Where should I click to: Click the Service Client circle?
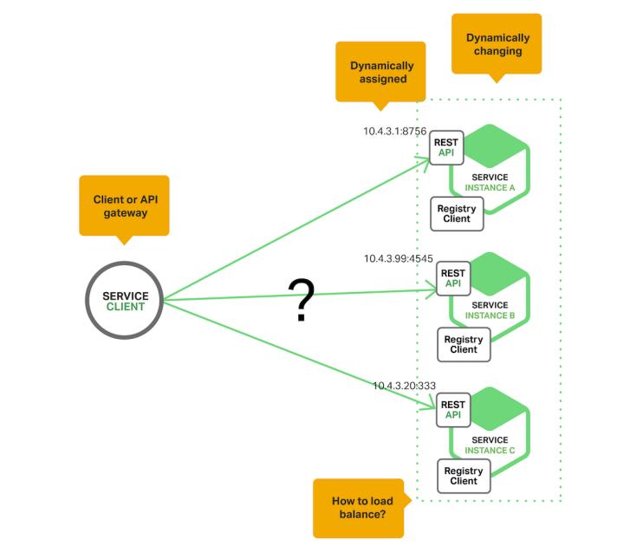click(126, 301)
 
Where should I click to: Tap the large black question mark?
click(300, 302)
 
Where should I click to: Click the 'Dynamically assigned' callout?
click(381, 71)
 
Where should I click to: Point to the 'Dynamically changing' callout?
click(497, 43)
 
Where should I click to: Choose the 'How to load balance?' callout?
click(358, 507)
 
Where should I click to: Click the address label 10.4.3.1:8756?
click(394, 132)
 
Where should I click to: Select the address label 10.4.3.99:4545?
click(398, 258)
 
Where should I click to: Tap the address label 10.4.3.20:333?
click(404, 385)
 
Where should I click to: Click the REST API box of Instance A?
click(446, 147)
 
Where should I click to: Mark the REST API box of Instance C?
click(453, 409)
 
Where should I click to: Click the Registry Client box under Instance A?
click(457, 214)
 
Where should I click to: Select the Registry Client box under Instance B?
click(464, 344)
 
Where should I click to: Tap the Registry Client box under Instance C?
click(464, 476)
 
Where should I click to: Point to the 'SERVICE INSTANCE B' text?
click(490, 310)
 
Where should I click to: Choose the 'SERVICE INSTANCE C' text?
click(490, 445)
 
